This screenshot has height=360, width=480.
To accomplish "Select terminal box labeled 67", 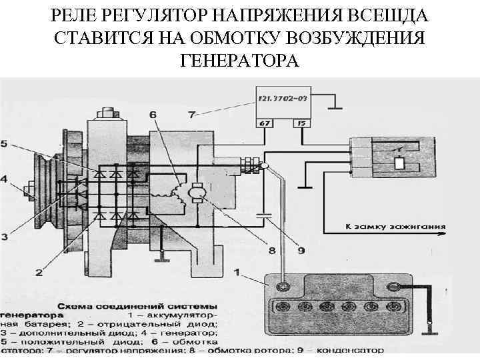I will click(264, 123).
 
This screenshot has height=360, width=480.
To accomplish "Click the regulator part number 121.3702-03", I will click(282, 100).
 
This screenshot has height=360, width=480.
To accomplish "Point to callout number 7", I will click(192, 115).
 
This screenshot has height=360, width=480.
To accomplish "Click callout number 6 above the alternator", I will click(153, 115).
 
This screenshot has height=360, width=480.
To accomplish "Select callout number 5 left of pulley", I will click(5, 143).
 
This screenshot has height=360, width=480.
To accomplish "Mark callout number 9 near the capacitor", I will click(301, 251).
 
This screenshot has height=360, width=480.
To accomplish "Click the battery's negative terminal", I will click(393, 287).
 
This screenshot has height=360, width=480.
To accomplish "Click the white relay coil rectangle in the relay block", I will click(399, 162).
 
